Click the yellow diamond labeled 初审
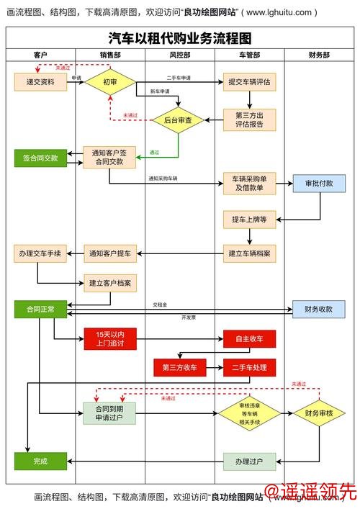110,82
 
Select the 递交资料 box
40,82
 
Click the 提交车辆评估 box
249,82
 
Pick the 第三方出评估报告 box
249,120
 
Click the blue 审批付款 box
319,183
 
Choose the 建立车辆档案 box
249,253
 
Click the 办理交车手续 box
40,253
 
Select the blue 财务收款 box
319,309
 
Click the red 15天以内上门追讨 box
110,338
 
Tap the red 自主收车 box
249,338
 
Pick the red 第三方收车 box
179,367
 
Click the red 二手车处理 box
249,367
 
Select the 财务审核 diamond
319,413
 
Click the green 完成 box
40,461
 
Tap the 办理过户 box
249,461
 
